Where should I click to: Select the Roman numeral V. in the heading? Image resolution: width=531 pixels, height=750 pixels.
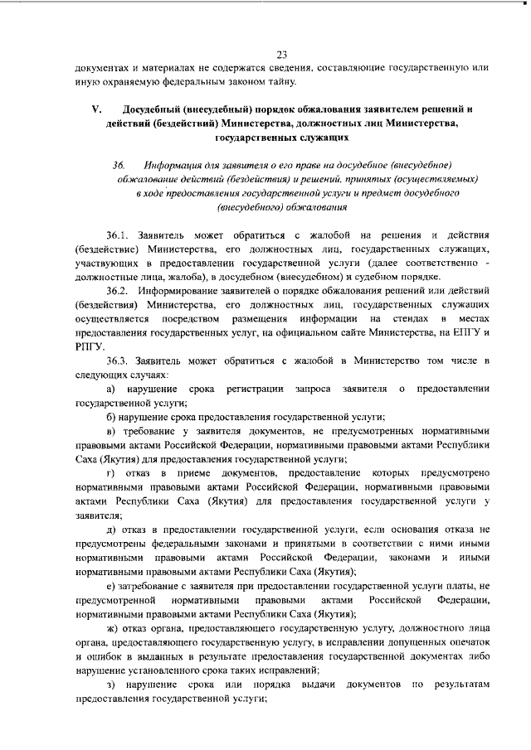(96, 109)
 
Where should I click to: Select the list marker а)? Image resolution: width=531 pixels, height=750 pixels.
(112, 390)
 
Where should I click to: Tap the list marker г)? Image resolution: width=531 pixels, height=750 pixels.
(112, 472)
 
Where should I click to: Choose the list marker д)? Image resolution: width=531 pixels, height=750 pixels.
(112, 530)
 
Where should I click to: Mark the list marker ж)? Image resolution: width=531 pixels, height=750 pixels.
(113, 629)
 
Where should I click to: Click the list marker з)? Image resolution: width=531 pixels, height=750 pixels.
(112, 684)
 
